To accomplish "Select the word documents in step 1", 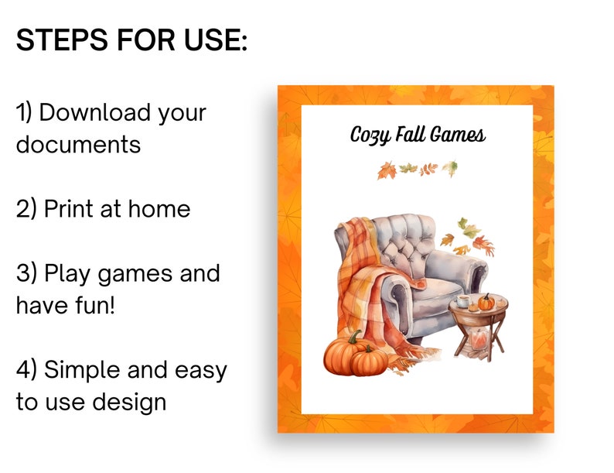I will click(78, 144).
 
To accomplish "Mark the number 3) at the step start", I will click(26, 273).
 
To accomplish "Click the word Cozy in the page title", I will click(368, 135).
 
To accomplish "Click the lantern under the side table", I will click(477, 338).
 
